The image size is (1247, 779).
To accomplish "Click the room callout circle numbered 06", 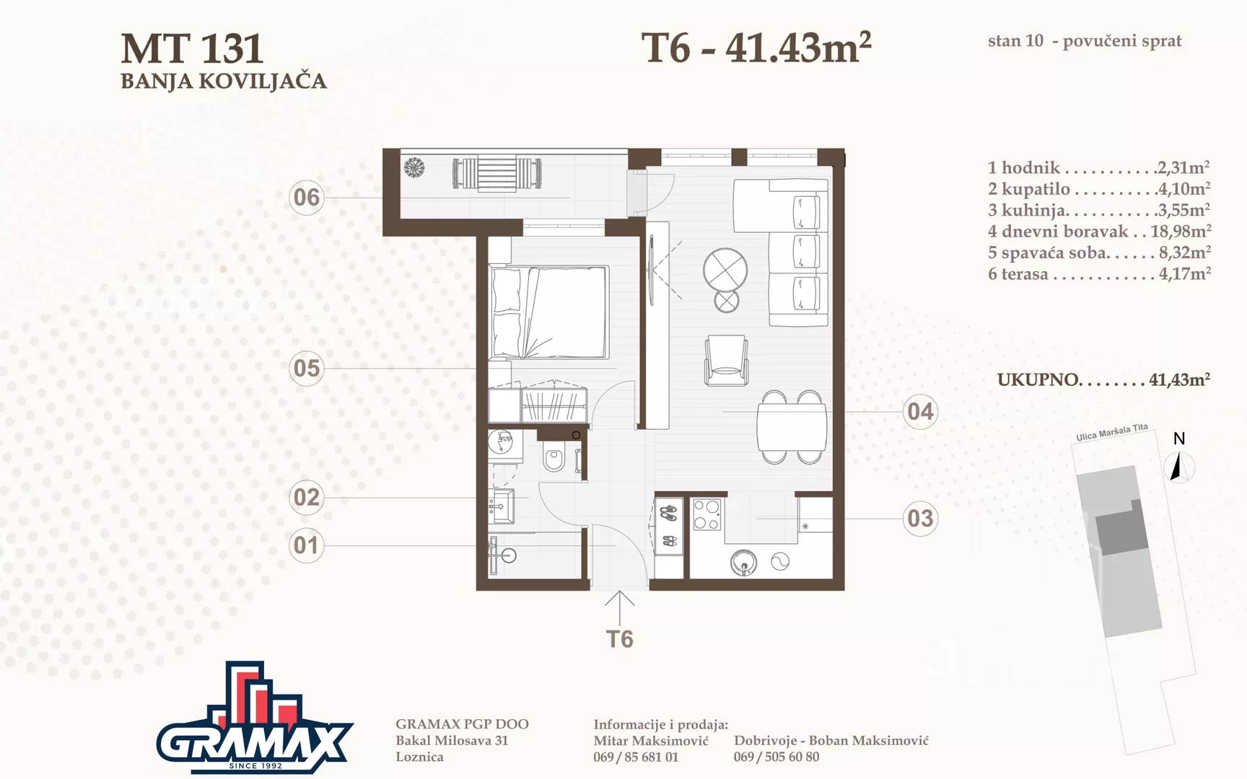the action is pyautogui.click(x=307, y=198).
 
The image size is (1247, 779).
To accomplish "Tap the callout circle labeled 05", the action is pyautogui.click(x=307, y=369).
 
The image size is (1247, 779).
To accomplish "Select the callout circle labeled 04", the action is pyautogui.click(x=920, y=412).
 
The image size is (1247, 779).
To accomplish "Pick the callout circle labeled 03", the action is pyautogui.click(x=920, y=519).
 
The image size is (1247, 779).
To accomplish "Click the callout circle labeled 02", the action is pyautogui.click(x=307, y=498).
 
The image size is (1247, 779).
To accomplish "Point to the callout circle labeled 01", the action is pyautogui.click(x=307, y=545).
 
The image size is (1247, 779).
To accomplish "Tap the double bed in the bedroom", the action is pyautogui.click(x=549, y=312).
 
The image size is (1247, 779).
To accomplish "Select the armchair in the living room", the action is pyautogui.click(x=726, y=360).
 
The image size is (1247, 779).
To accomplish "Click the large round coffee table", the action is pyautogui.click(x=725, y=270).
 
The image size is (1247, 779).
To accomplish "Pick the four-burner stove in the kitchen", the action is pyautogui.click(x=706, y=515).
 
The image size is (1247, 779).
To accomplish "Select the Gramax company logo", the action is pyautogui.click(x=255, y=718).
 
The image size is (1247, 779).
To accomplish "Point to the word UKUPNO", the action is pyautogui.click(x=1038, y=380).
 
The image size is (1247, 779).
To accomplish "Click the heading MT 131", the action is pyautogui.click(x=192, y=49).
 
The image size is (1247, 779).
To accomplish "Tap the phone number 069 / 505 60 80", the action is pyautogui.click(x=776, y=757).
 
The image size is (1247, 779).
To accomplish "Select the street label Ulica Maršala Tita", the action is pyautogui.click(x=1111, y=432).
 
